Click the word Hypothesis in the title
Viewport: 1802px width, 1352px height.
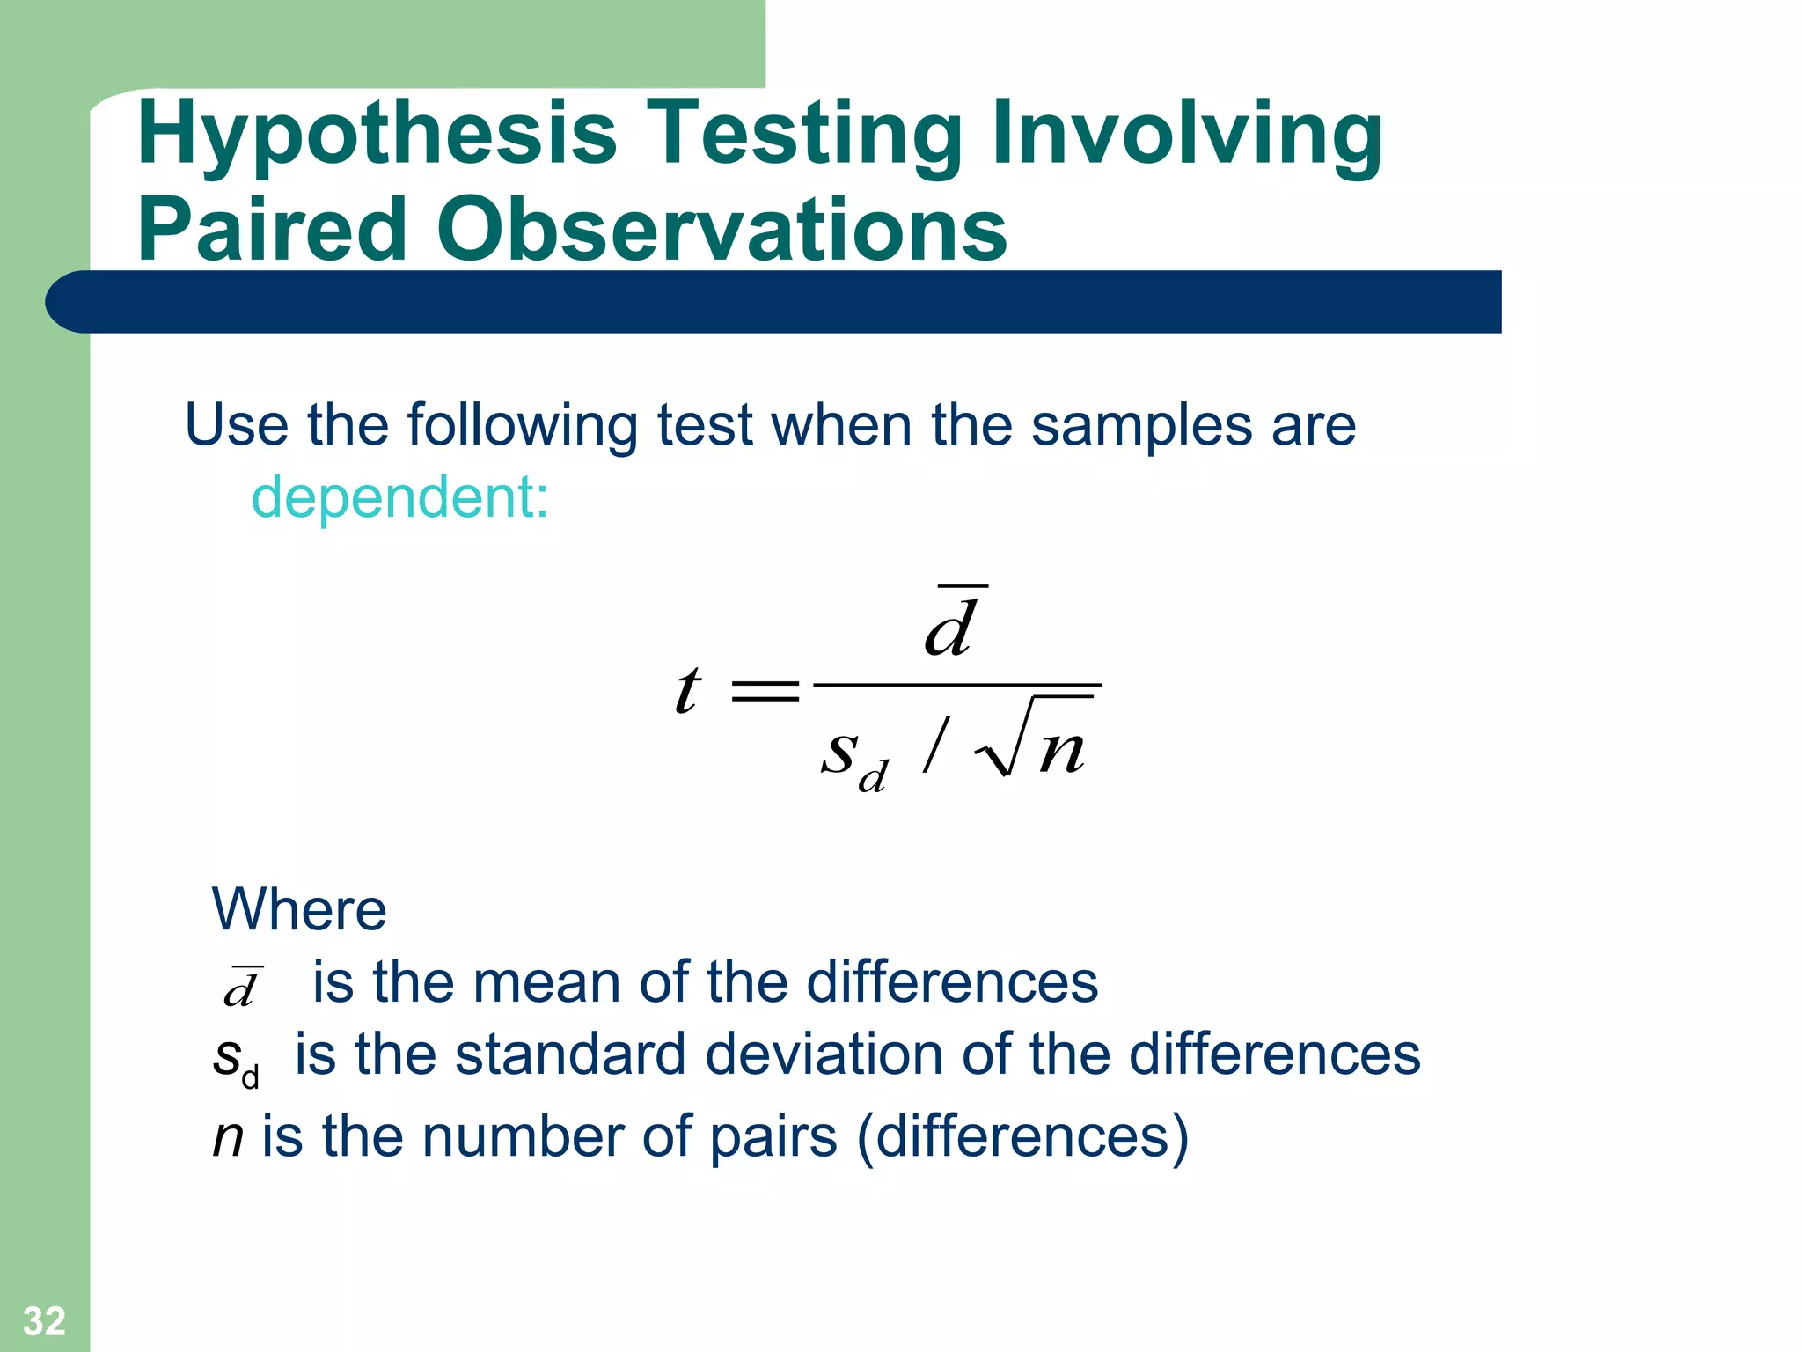(377, 134)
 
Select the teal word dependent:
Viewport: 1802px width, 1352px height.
(399, 498)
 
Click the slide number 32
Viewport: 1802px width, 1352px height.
(44, 1321)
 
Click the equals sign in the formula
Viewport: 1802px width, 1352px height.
(765, 689)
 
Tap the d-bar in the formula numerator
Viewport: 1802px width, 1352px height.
(952, 625)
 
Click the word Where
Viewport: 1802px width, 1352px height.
(299, 909)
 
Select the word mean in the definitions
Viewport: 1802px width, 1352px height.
(546, 982)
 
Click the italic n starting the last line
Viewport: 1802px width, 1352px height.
(227, 1137)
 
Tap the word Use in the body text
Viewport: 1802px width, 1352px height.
(236, 425)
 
